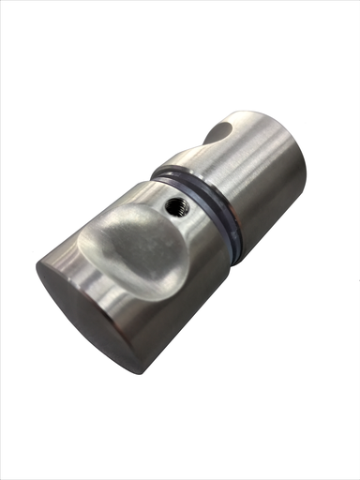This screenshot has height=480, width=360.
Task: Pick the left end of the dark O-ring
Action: pos(156,172)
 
